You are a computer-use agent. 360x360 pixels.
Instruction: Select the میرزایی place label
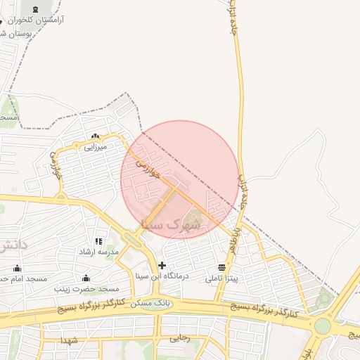[95, 148]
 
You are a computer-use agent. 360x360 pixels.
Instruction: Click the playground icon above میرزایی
[95, 136]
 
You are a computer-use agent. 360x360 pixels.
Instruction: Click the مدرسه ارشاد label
[96, 252]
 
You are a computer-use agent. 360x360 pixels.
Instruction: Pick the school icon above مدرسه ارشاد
[98, 241]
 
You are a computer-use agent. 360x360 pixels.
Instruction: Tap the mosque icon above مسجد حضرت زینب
[86, 278]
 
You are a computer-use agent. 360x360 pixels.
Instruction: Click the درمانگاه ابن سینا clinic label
[162, 276]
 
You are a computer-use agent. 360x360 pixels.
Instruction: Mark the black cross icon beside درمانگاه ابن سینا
[162, 265]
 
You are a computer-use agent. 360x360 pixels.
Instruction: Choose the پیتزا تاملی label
[222, 279]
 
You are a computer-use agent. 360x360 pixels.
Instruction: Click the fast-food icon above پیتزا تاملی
[222, 268]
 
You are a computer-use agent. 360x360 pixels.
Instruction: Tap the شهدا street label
[68, 340]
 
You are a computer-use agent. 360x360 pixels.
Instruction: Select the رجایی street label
[180, 338]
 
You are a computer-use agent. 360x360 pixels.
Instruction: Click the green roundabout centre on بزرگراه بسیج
[322, 326]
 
